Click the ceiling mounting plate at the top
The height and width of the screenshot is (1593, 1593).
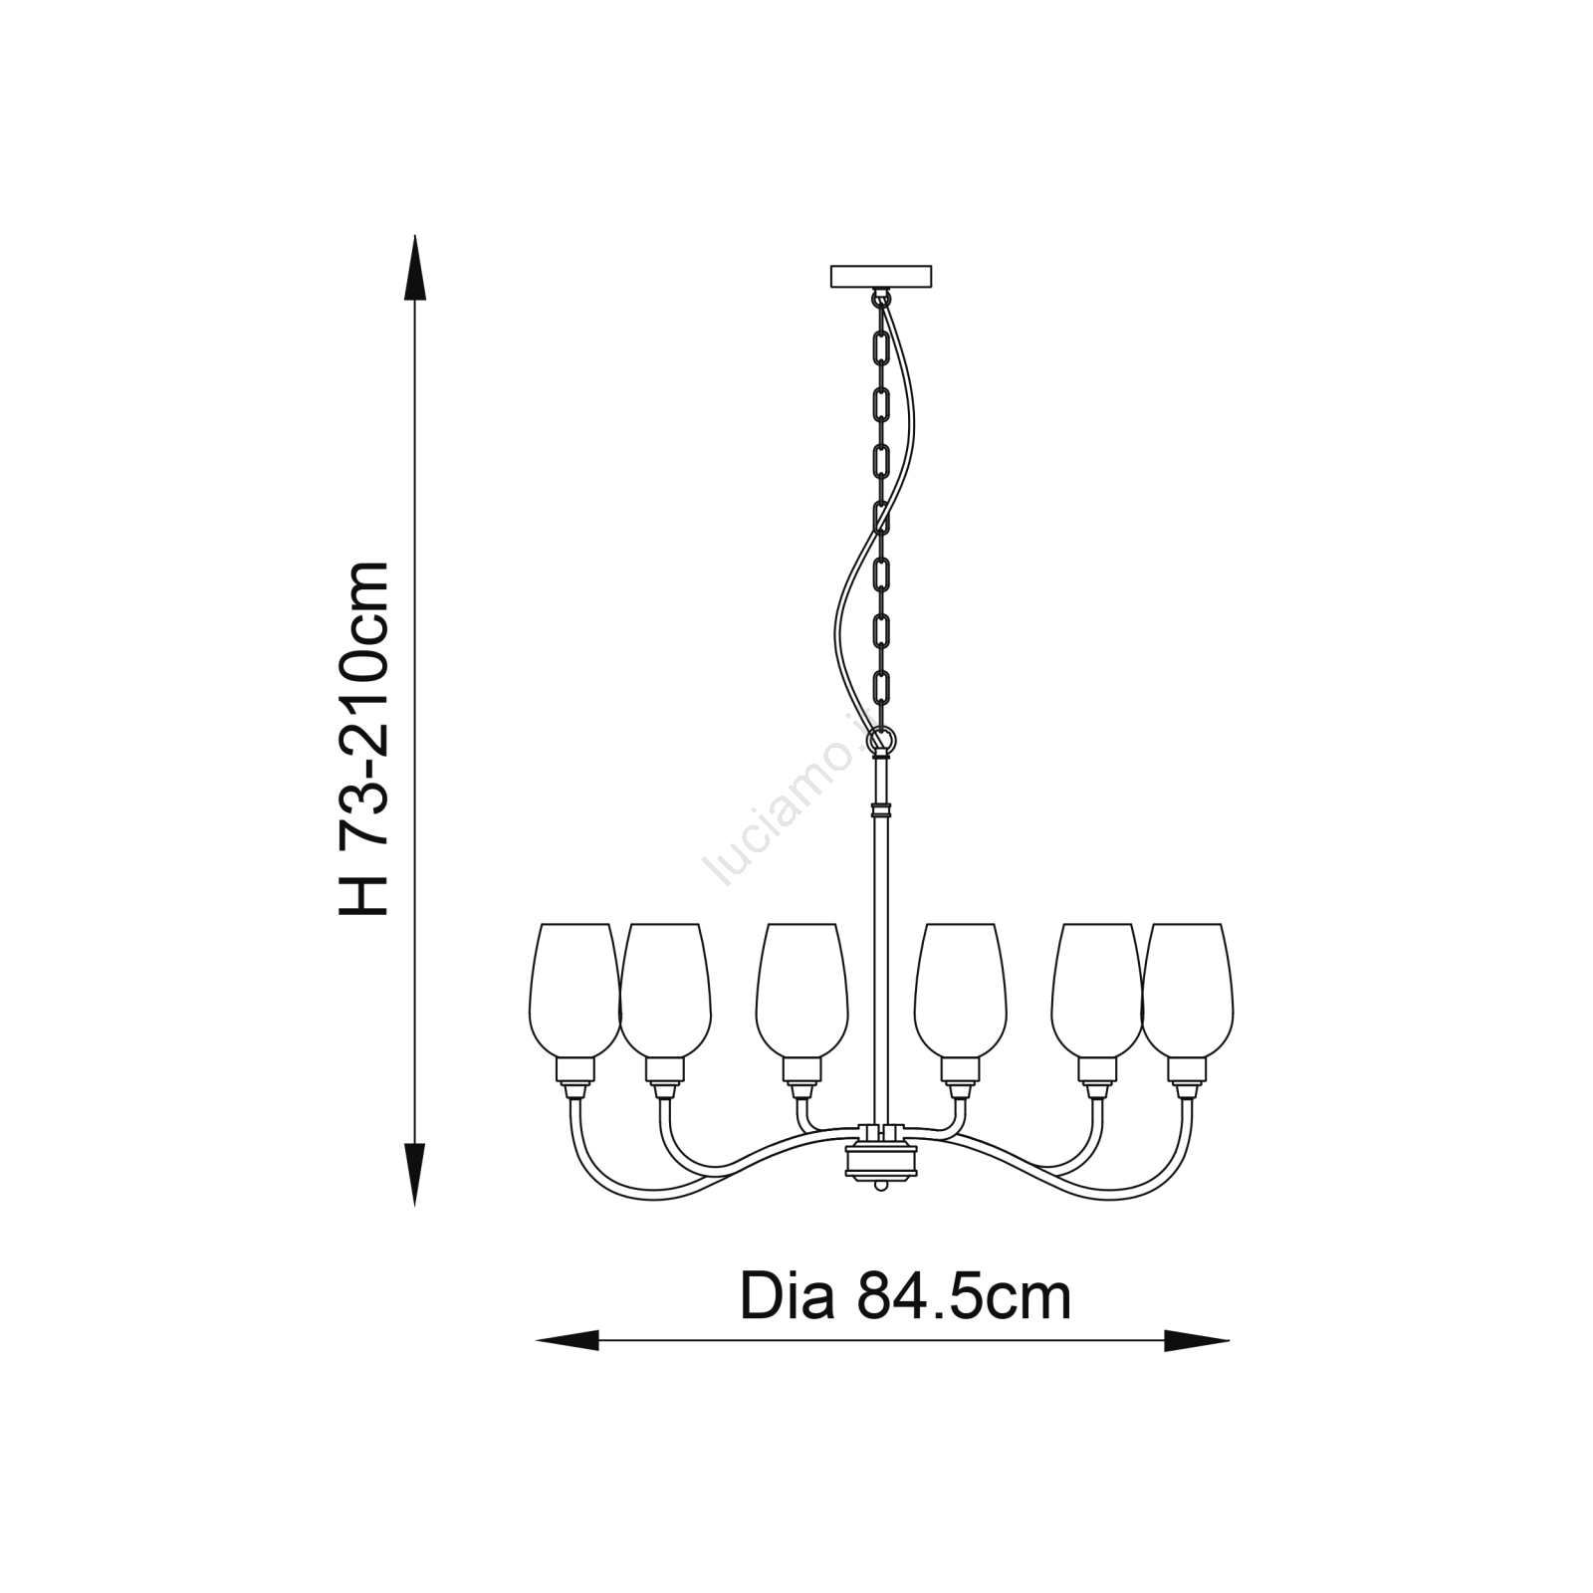tap(881, 276)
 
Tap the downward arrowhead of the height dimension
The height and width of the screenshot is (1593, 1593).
tap(414, 1174)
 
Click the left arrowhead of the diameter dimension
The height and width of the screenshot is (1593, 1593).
tap(568, 1340)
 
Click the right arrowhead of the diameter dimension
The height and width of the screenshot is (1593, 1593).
tap(1197, 1340)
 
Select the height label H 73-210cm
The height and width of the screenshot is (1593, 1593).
tap(363, 738)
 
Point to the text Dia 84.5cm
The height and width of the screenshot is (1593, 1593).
tap(905, 1296)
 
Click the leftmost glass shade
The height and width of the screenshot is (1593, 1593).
tap(574, 990)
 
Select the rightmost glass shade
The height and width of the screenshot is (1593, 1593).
tap(1188, 990)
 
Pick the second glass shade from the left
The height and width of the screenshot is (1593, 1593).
tap(665, 990)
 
